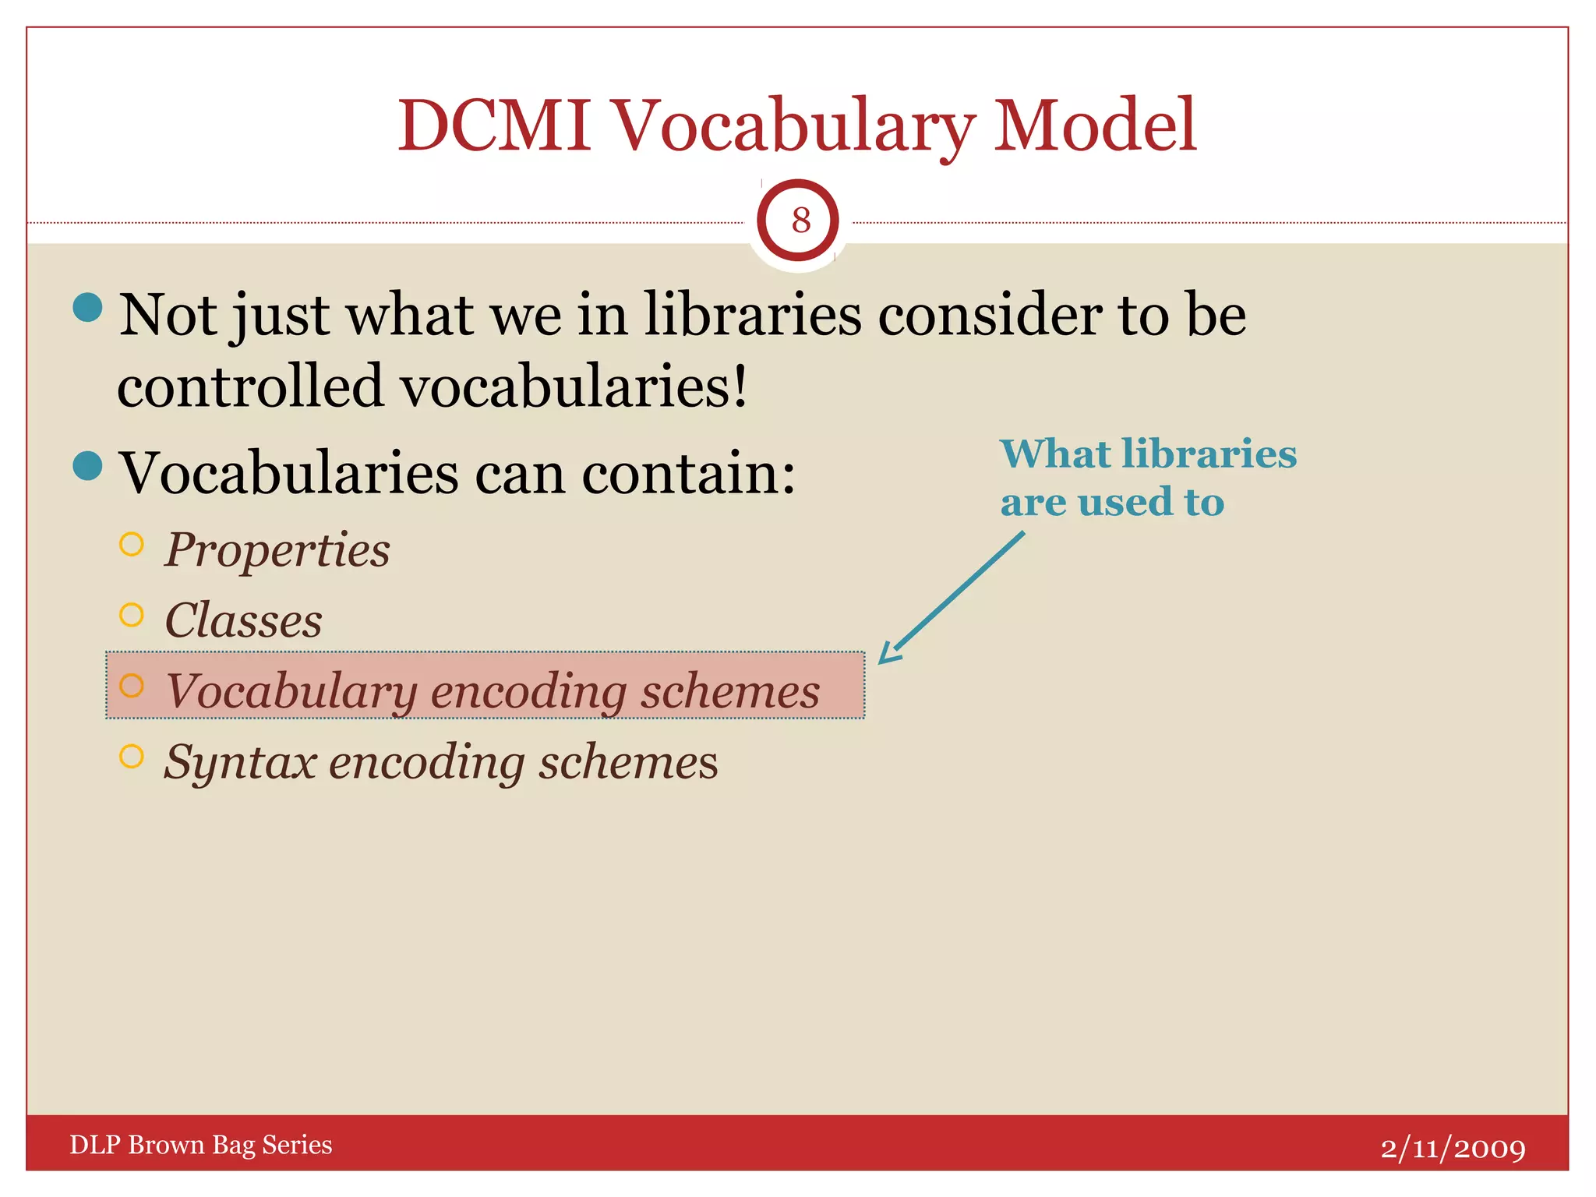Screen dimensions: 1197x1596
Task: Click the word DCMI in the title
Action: (495, 125)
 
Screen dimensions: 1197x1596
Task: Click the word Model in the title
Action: (1095, 125)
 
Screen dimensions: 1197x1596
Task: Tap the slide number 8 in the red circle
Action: (800, 221)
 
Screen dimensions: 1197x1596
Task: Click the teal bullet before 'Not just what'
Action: (87, 307)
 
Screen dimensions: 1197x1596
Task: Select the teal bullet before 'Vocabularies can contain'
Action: (87, 466)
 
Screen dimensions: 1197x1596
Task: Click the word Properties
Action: (277, 550)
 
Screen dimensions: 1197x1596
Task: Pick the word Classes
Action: (243, 620)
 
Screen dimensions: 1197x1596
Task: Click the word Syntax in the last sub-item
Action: (240, 762)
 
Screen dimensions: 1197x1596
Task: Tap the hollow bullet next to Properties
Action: (132, 544)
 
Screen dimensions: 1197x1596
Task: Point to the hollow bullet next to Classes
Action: (132, 615)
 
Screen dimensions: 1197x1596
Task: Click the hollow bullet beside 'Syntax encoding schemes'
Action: (132, 756)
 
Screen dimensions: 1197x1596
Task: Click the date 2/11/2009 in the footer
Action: (1453, 1148)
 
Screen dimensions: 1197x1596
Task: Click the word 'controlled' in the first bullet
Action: (250, 386)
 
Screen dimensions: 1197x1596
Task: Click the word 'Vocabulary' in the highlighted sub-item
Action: (291, 691)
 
